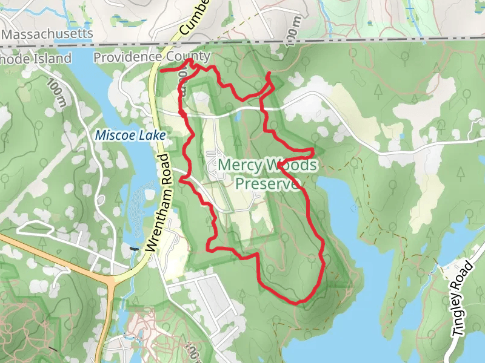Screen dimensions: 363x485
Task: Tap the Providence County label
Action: click(x=152, y=57)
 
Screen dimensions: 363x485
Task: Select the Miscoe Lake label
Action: click(x=130, y=136)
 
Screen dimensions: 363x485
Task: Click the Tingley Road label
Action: click(x=462, y=299)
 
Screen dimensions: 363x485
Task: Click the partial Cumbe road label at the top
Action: click(x=194, y=18)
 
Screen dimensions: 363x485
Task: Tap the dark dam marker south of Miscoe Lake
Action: click(x=134, y=248)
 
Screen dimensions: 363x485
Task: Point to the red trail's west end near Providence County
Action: click(x=161, y=70)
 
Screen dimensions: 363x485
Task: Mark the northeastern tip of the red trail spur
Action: click(x=269, y=74)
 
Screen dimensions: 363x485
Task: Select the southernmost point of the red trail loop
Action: click(x=297, y=302)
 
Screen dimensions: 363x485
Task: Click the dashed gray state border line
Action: click(x=364, y=44)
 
